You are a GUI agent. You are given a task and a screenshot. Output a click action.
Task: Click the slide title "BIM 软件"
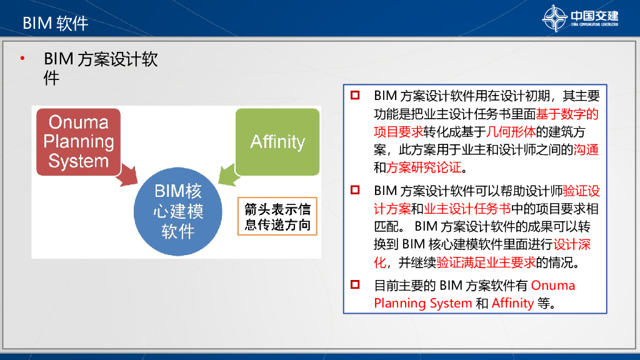56,24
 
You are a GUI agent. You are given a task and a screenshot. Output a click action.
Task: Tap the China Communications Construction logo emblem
554,18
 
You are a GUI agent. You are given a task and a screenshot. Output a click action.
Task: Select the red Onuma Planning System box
79,141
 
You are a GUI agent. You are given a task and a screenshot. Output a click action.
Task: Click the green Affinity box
277,141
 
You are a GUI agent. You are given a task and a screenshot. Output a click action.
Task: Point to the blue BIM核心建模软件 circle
178,211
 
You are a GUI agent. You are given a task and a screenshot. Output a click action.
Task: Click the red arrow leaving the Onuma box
127,174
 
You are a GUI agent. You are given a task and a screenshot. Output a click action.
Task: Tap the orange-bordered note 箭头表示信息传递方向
277,216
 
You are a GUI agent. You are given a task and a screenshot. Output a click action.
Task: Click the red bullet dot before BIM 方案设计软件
23,60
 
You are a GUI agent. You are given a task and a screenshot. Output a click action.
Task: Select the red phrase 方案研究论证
424,167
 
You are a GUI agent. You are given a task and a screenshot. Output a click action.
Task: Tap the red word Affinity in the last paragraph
512,303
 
